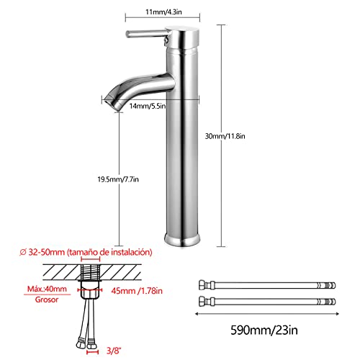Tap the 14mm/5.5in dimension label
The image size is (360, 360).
tap(147, 106)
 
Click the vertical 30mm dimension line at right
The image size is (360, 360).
tap(220, 180)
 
